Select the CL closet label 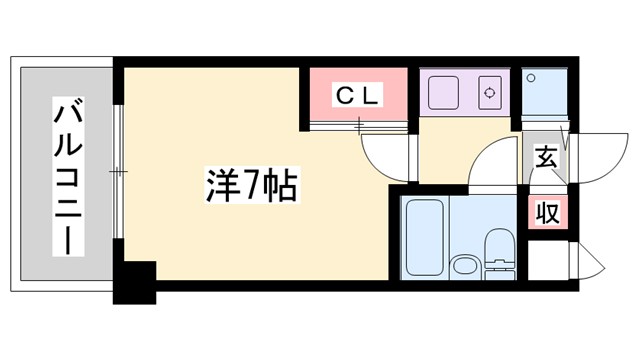click(x=357, y=96)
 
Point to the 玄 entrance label click(x=546, y=157)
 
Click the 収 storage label click(x=546, y=212)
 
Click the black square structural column click(x=135, y=281)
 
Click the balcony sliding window click(x=118, y=175)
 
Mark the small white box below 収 click(x=546, y=263)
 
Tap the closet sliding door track click(x=358, y=125)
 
